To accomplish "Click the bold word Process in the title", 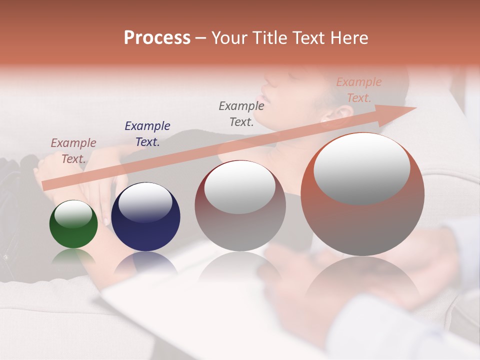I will click(157, 38).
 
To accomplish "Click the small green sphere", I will click(73, 224).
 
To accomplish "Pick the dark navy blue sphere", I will click(145, 217).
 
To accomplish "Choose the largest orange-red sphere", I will click(362, 194).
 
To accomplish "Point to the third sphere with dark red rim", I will click(240, 206).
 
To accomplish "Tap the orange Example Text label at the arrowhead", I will click(358, 90).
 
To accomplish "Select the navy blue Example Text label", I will click(147, 133).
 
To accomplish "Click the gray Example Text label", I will click(241, 113).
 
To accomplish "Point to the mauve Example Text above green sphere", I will click(73, 150).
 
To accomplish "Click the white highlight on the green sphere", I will click(73, 214).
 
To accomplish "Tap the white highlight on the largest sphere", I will click(361, 168).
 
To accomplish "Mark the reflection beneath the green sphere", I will click(73, 257).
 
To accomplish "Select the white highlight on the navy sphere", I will click(145, 203).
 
